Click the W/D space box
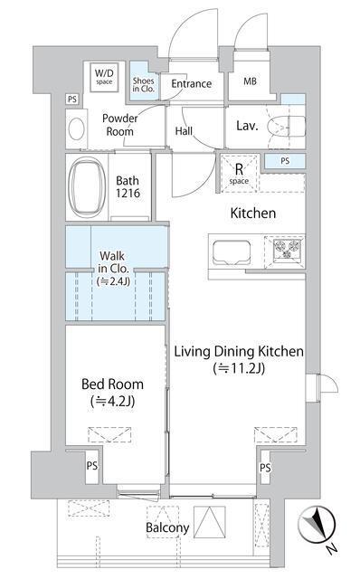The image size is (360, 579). point(104,77)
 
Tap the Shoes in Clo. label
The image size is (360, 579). point(143,84)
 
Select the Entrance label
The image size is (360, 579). point(191,84)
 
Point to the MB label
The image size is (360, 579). point(250,81)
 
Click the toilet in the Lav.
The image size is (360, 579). point(286,126)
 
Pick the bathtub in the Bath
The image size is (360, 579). point(87,187)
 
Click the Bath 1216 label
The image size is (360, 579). point(128,186)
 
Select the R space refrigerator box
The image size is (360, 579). point(239,173)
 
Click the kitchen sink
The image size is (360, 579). point(232,252)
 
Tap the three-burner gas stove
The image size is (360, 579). point(288,249)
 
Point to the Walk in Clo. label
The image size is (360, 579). point(113,269)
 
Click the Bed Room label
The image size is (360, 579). point(113,384)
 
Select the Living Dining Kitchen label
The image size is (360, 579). point(239,351)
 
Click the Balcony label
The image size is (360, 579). point(167,527)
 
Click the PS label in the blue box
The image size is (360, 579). point(285,161)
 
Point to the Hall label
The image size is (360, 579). point(184,131)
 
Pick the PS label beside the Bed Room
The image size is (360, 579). point(92,466)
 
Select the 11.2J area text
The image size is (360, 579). point(240,368)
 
